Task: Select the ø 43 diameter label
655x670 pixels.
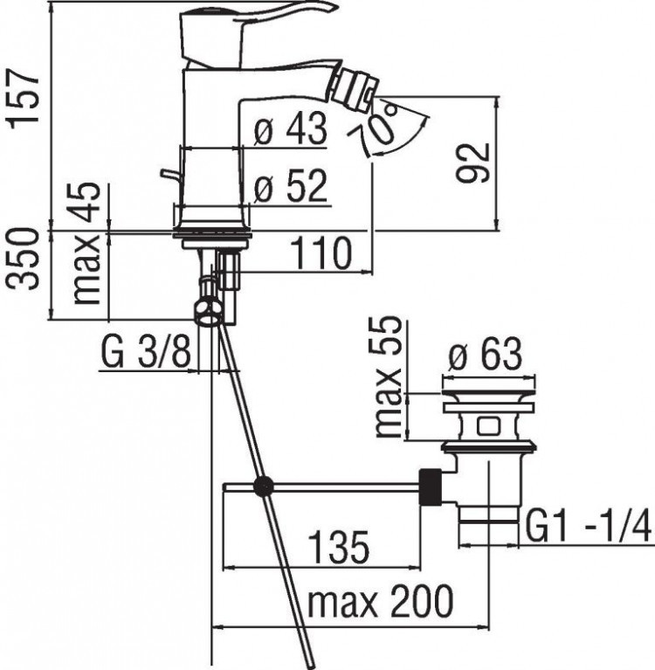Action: coord(290,131)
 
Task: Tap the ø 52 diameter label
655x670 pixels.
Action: coord(290,186)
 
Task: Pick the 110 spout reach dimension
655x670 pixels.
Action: coord(321,254)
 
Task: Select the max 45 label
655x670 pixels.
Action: coord(87,243)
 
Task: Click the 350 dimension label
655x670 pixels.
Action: coord(26,273)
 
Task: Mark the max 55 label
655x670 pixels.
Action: coord(389,376)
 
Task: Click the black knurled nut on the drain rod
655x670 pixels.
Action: coord(430,487)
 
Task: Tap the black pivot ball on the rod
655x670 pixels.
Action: coord(262,487)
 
